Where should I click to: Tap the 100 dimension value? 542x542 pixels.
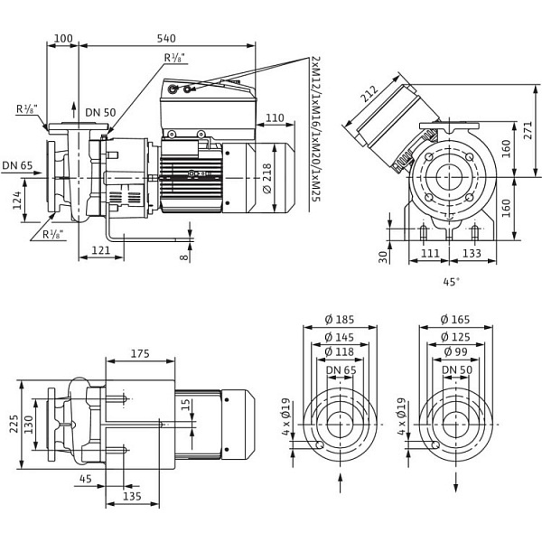(x=63, y=39)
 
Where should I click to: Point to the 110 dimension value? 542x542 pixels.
(x=275, y=117)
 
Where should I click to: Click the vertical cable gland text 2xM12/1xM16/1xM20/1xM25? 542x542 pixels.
(x=315, y=140)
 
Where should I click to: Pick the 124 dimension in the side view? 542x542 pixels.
(x=17, y=200)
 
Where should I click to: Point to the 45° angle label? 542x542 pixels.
(x=452, y=282)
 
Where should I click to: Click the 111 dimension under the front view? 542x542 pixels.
(x=431, y=254)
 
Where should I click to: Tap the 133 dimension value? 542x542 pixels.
(x=472, y=254)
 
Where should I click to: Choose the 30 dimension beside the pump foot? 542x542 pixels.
(x=382, y=256)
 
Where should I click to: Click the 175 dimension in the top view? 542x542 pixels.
(x=139, y=354)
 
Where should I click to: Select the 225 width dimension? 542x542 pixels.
(x=13, y=424)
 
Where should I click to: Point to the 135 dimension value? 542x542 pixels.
(x=132, y=496)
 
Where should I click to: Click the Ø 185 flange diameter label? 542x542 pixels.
(x=340, y=319)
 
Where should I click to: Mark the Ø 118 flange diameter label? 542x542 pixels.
(x=340, y=351)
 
